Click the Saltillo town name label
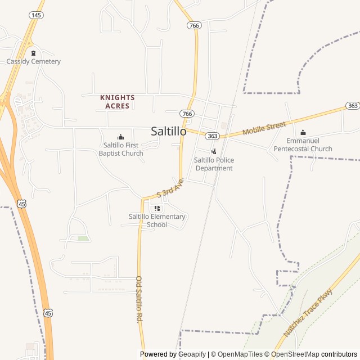169,130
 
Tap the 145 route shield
37,15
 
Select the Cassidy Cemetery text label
34,61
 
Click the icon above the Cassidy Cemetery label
33,53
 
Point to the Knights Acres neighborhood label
118,101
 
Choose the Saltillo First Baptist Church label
121,149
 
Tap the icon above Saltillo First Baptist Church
120,137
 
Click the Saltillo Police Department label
214,164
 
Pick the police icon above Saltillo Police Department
214,151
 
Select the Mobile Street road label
264,128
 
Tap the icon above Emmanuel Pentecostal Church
303,133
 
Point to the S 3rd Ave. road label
170,188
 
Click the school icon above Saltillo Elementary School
157,208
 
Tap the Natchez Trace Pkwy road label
308,313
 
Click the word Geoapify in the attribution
191,354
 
